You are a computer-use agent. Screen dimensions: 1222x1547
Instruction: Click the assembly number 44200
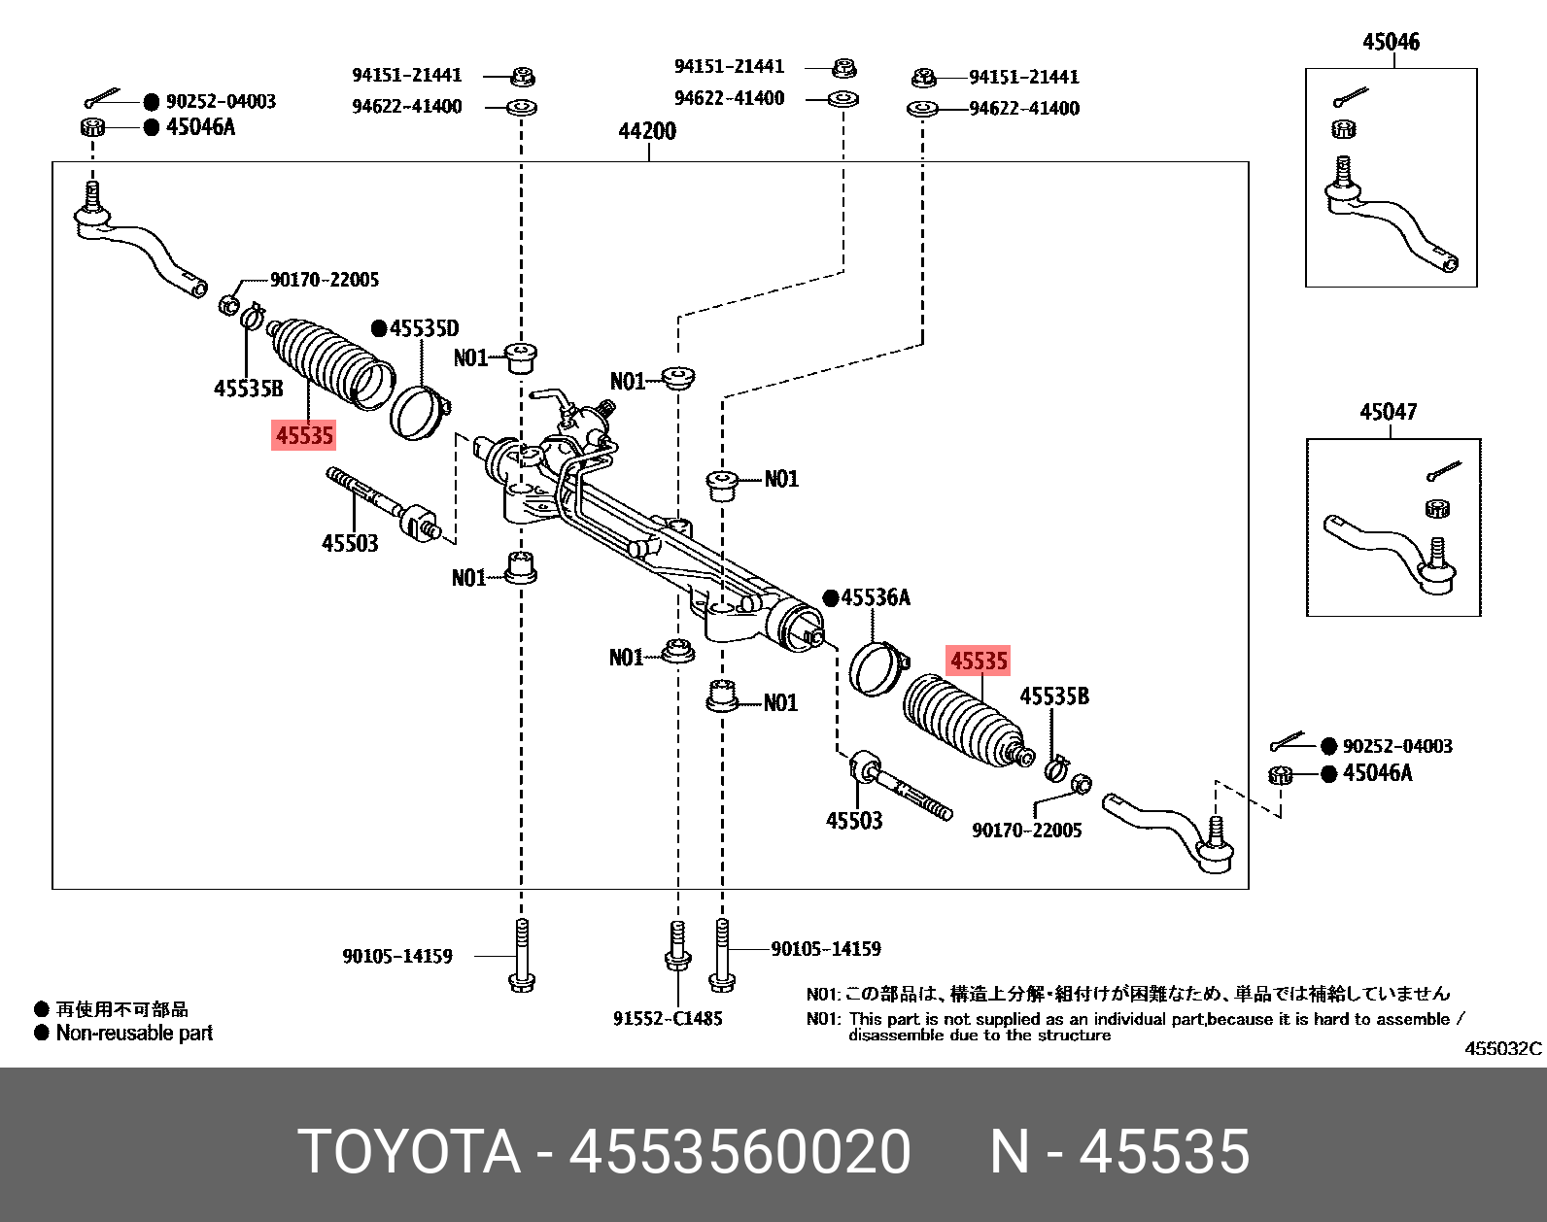pyautogui.click(x=647, y=131)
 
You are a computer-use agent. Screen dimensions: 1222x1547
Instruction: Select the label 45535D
pyautogui.click(x=424, y=328)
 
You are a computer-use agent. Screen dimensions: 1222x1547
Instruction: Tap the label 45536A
pyautogui.click(x=875, y=597)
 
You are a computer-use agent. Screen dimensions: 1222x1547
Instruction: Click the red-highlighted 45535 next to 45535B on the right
pyautogui.click(x=979, y=662)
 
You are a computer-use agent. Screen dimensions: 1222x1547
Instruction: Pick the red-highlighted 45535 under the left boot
pyautogui.click(x=304, y=436)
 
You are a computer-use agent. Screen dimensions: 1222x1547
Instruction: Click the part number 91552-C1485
pyautogui.click(x=669, y=1018)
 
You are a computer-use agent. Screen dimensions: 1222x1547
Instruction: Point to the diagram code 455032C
pyautogui.click(x=1502, y=1050)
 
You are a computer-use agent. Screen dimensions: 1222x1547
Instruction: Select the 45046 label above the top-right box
pyautogui.click(x=1391, y=43)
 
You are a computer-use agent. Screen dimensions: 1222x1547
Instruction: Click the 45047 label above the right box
pyautogui.click(x=1389, y=413)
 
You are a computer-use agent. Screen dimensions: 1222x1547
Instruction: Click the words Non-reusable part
pyautogui.click(x=134, y=1034)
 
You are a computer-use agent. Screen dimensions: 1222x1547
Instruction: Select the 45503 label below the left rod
pyautogui.click(x=350, y=543)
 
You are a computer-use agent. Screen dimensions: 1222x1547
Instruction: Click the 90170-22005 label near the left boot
pyautogui.click(x=325, y=280)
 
